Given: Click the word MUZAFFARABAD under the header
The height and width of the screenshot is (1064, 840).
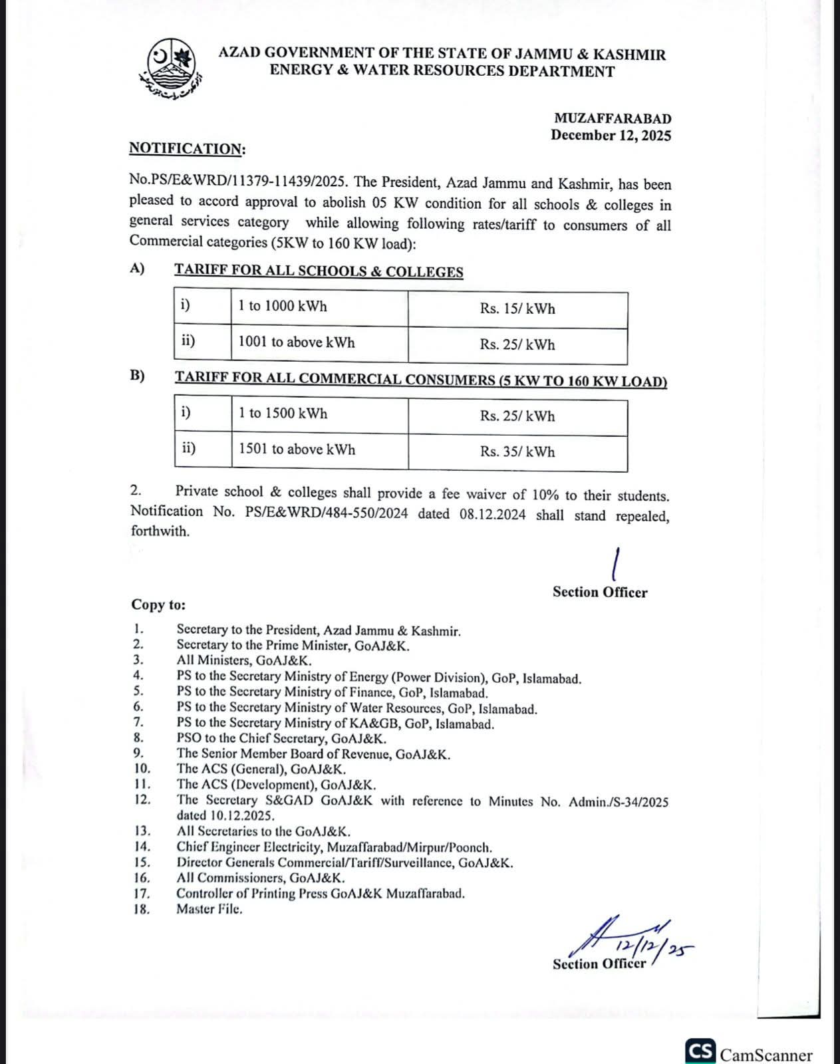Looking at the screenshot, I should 613,118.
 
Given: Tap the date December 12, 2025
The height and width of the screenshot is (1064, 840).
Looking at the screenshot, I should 611,136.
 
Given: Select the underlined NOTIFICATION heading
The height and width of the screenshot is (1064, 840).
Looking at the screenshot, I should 186,148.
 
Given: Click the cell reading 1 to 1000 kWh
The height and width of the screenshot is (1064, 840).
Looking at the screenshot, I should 283,307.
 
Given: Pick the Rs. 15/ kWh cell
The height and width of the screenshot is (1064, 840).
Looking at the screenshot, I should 517,309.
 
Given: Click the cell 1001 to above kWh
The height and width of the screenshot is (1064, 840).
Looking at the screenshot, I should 297,342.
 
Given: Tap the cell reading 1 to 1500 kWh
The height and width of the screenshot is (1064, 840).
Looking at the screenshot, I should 283,414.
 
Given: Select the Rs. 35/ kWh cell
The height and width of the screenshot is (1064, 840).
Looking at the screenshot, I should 517,452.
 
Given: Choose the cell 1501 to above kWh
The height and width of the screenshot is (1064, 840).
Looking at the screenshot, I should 297,450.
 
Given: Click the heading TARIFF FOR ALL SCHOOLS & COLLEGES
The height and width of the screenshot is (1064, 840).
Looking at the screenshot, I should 319,271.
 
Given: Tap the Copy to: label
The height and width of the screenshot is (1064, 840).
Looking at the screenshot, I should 158,605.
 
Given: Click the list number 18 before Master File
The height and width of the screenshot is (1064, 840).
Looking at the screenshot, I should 141,910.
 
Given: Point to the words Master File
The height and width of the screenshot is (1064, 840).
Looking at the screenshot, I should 209,910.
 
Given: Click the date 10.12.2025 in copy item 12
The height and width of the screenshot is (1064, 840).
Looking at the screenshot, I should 225,816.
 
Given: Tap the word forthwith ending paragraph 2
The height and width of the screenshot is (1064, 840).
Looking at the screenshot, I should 160,531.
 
